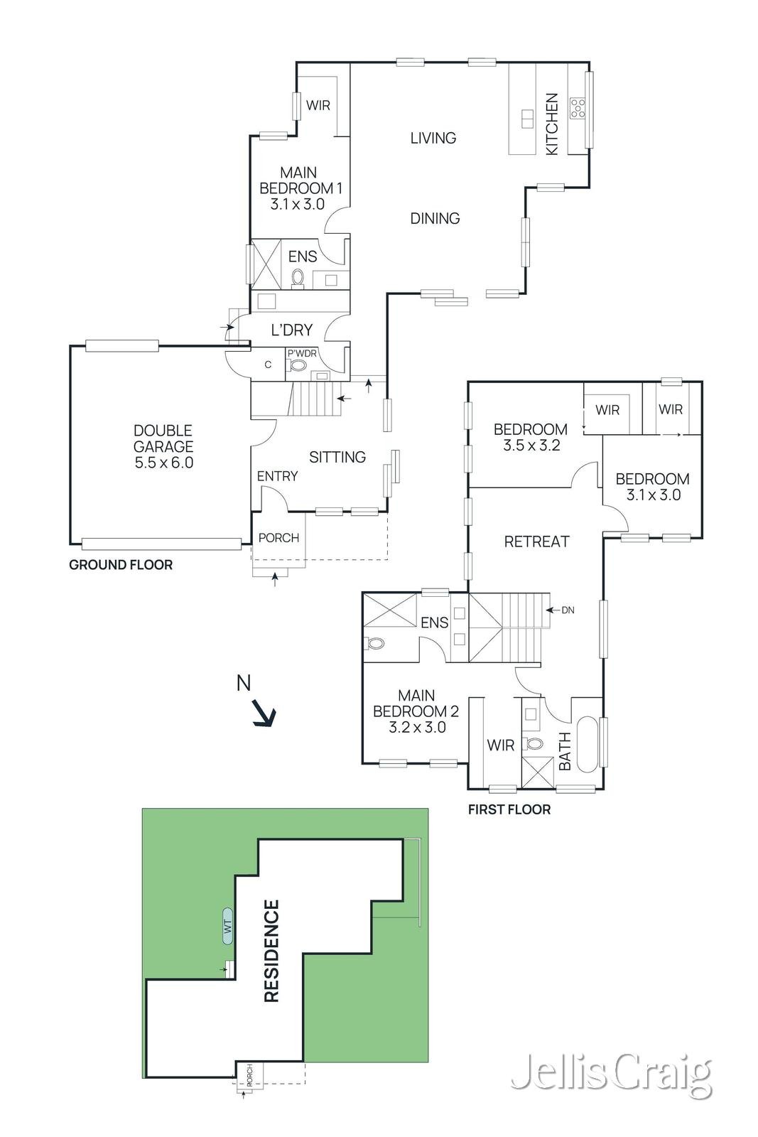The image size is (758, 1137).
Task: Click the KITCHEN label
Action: pos(551,124)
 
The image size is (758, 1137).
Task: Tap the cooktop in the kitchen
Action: pos(578,108)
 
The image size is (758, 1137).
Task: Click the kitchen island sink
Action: pos(526,118)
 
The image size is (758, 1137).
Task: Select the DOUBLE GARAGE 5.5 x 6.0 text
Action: pos(163,446)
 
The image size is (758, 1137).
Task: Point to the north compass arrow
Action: pos(264,713)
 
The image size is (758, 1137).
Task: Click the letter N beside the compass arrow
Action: pos(244,683)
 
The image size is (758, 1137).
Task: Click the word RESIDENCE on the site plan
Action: pos(271,951)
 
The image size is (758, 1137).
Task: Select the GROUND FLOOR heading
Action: pos(121,565)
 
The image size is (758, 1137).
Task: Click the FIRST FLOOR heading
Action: pos(509,809)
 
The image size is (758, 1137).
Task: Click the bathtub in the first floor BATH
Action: pos(588,745)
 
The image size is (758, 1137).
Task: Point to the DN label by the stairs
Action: pos(568,610)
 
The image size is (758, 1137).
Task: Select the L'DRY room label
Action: pos(292,330)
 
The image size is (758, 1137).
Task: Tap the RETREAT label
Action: pos(537,541)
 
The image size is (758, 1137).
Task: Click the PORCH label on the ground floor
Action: pos(278,537)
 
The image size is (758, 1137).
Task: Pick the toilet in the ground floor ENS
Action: pos(298,278)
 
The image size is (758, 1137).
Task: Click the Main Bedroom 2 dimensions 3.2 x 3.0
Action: pos(417,728)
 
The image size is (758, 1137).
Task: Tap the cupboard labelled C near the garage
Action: pos(268,365)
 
